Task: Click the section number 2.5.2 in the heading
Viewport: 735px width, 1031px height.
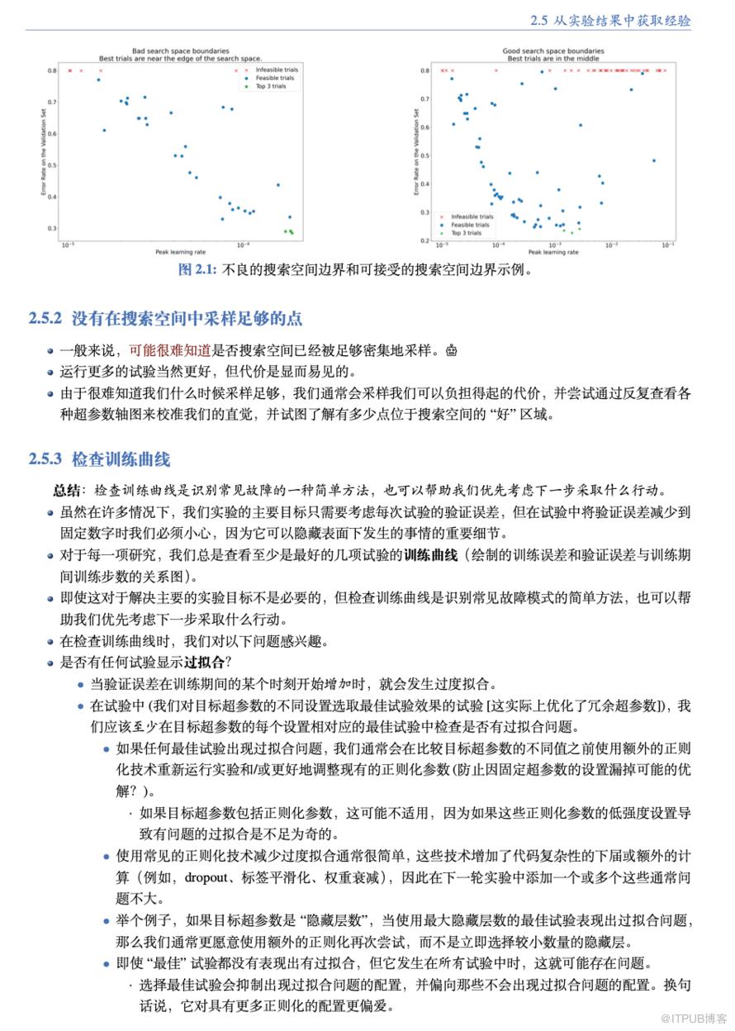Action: [45, 318]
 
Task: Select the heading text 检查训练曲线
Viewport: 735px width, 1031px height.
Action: [121, 458]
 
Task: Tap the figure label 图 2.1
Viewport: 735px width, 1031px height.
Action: [197, 270]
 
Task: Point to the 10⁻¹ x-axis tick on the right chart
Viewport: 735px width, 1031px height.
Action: [668, 245]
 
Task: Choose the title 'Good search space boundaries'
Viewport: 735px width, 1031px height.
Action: [553, 51]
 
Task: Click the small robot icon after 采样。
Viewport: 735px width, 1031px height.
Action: [451, 350]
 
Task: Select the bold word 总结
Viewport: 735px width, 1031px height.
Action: [68, 490]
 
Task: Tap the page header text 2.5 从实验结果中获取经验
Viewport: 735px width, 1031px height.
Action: [610, 20]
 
